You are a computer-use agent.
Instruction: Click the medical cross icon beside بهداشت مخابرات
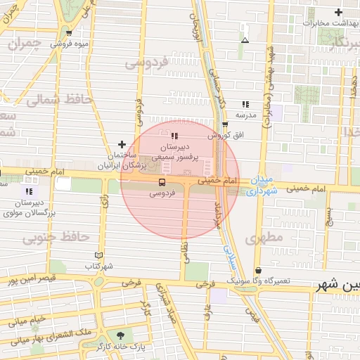339,13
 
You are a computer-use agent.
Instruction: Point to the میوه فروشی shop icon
68,33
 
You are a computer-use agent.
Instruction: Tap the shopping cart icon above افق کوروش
225,124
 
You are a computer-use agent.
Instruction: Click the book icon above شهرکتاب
98,255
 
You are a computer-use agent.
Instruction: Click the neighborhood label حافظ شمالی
59,100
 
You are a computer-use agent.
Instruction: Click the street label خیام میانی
28,322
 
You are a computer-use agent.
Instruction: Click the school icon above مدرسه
245,103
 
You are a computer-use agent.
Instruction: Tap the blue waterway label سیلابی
229,257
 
